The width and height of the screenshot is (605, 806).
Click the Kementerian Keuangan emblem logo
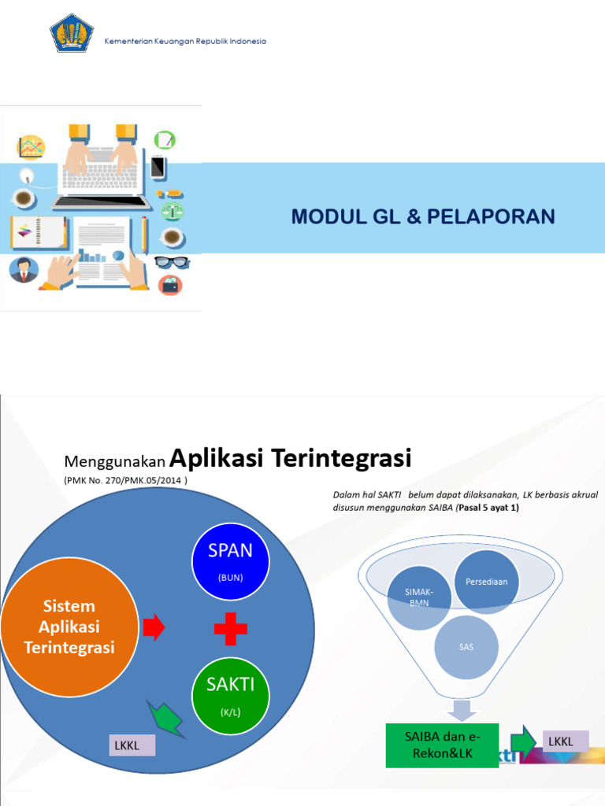point(72,32)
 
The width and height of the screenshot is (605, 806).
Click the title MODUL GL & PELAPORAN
point(423,217)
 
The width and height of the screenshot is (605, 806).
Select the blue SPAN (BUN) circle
point(231,561)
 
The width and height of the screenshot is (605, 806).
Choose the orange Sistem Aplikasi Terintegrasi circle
point(69,627)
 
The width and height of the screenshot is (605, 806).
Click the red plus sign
point(231,628)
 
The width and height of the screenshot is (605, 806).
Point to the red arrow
point(154,627)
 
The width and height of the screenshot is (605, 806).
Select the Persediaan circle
point(486,582)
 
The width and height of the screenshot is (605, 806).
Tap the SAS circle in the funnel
point(466,648)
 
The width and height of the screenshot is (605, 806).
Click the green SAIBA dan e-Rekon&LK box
point(442,744)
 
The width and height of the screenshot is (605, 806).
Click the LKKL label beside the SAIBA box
point(560,741)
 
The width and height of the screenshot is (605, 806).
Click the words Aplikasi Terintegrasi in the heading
point(291,457)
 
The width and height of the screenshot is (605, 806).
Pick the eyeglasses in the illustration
point(172,262)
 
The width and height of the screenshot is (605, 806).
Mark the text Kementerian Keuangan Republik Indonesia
point(185,41)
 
